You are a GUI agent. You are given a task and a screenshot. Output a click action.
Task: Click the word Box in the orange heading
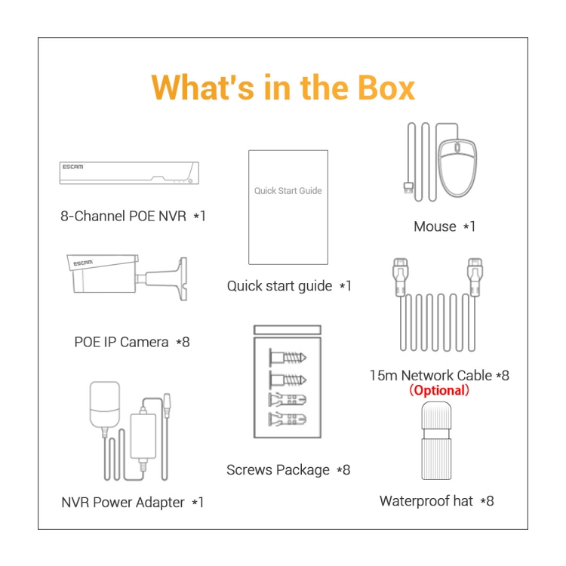point(386,88)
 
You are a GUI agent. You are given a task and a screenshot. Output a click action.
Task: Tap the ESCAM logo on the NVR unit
point(73,167)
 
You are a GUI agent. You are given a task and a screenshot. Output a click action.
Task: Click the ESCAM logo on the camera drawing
point(83,263)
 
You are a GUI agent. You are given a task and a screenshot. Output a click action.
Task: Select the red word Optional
point(439,390)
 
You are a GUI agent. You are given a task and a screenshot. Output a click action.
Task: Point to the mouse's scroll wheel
point(457,147)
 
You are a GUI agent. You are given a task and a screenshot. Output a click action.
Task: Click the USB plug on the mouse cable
point(408,188)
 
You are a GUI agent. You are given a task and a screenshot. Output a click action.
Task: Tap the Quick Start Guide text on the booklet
point(288,191)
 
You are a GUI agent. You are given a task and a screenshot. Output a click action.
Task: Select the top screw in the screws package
point(288,358)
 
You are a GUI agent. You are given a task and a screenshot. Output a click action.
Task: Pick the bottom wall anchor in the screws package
point(288,419)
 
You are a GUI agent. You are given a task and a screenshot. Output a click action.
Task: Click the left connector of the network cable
point(401,277)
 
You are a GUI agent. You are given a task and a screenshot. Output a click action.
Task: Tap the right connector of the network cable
point(475,277)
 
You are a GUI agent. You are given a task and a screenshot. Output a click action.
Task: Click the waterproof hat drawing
point(436,441)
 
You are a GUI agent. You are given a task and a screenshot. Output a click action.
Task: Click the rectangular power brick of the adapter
point(143,437)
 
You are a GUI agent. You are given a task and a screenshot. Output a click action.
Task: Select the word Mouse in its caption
point(435,226)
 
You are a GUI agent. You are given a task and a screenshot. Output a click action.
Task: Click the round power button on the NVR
point(190,180)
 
